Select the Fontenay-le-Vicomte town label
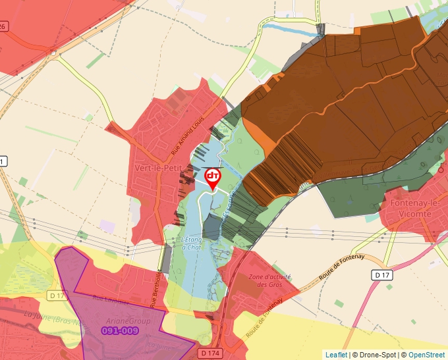coord(415,209)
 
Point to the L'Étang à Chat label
coord(190,243)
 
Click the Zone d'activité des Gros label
coord(269,280)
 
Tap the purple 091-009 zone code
coord(121,330)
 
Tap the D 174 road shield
coord(210,353)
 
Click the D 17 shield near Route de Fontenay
coord(382,274)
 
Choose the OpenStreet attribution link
coord(426,355)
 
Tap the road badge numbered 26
coord(3,26)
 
